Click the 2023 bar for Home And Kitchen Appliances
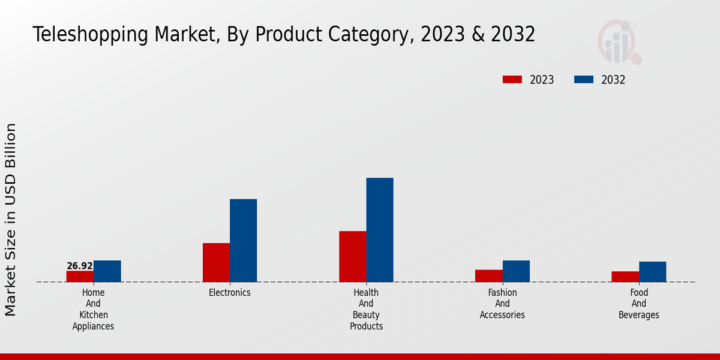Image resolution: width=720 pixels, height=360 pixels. pyautogui.click(x=80, y=276)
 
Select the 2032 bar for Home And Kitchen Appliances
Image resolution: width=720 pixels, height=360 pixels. pyautogui.click(x=107, y=271)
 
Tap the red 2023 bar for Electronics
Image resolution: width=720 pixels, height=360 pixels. pyautogui.click(x=216, y=262)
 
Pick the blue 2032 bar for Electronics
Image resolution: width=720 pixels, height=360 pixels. pyautogui.click(x=243, y=240)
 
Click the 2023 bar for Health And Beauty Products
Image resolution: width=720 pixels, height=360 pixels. pyautogui.click(x=352, y=256)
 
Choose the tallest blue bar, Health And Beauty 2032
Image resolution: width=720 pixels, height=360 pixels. pyautogui.click(x=380, y=230)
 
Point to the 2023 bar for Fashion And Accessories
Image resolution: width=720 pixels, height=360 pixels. pyautogui.click(x=488, y=275)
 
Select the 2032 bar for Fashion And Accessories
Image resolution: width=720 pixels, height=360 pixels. pyautogui.click(x=516, y=271)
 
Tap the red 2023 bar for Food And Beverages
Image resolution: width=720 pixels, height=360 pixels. pyautogui.click(x=625, y=277)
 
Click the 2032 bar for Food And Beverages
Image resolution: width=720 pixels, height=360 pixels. pyautogui.click(x=652, y=272)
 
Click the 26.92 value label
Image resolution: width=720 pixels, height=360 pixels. pyautogui.click(x=80, y=266)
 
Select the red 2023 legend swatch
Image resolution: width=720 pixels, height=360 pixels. pyautogui.click(x=512, y=80)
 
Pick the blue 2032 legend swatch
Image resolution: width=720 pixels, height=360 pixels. pyautogui.click(x=584, y=80)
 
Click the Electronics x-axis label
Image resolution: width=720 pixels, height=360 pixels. pyautogui.click(x=230, y=293)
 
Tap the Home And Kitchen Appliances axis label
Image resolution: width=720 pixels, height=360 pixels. pyautogui.click(x=93, y=310)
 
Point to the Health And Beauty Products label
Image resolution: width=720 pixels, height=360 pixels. pyautogui.click(x=366, y=310)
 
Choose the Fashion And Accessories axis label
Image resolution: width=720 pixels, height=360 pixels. pyautogui.click(x=502, y=304)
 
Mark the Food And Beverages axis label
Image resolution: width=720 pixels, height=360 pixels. pyautogui.click(x=638, y=304)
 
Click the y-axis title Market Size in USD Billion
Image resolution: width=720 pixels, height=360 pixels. pyautogui.click(x=11, y=219)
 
